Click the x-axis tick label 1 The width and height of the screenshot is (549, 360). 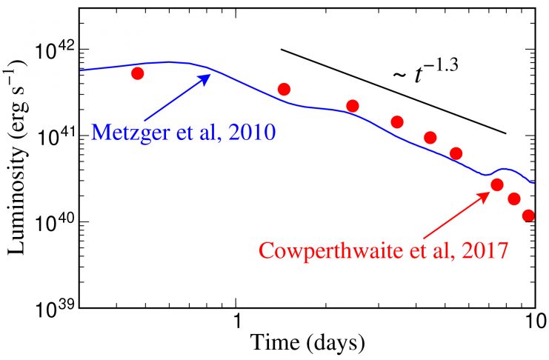[x=237, y=324]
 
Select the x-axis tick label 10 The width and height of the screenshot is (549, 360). [x=530, y=324]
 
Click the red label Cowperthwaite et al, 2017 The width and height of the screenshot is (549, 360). [x=383, y=250]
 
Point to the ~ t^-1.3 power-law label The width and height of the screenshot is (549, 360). [x=425, y=74]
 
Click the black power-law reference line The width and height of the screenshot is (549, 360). [x=393, y=91]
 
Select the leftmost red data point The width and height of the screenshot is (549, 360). [x=137, y=73]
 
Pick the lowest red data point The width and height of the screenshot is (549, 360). [x=528, y=216]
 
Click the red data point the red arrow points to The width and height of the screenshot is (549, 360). [x=497, y=184]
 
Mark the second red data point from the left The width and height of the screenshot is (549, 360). [x=284, y=89]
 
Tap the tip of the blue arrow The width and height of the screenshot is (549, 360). [x=210, y=75]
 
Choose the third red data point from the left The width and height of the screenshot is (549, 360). [x=353, y=106]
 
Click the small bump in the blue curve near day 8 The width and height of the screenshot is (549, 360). [x=504, y=170]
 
